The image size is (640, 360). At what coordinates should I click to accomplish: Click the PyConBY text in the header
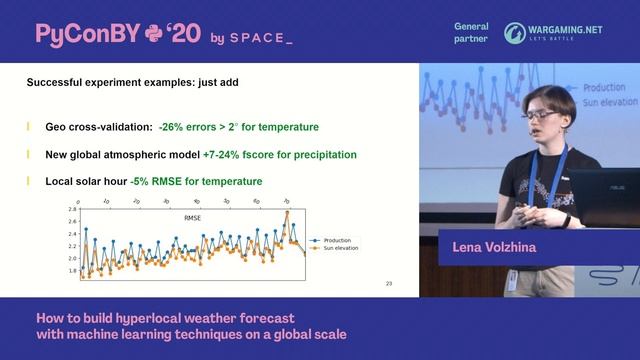pyautogui.click(x=86, y=34)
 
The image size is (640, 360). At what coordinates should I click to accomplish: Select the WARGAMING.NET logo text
pyautogui.click(x=566, y=30)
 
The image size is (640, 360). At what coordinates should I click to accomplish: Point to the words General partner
pyautogui.click(x=470, y=33)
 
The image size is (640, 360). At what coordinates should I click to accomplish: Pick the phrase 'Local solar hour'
pyautogui.click(x=87, y=181)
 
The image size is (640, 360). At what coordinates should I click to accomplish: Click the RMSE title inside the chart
pyautogui.click(x=192, y=217)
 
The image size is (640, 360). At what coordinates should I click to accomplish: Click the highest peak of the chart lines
pyautogui.click(x=287, y=212)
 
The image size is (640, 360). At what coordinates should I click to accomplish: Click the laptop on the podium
pyautogui.click(x=605, y=195)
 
